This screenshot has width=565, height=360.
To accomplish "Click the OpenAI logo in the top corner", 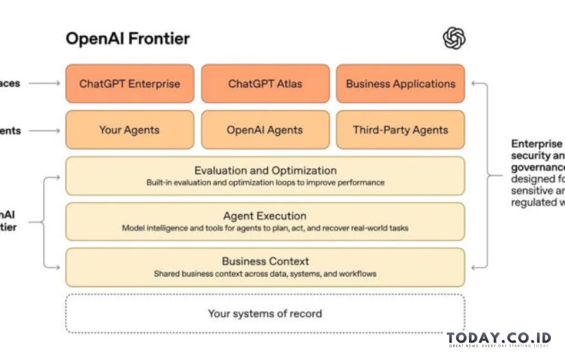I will (454, 39).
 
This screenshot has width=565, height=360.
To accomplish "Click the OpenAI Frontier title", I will (127, 39).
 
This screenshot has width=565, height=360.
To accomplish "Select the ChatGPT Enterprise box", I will (130, 84).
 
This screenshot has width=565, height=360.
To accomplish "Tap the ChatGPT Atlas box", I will (265, 84).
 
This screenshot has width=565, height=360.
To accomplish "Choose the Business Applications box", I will (401, 84).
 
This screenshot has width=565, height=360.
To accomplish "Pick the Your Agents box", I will (130, 130).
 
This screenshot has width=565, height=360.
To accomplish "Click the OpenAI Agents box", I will (265, 130).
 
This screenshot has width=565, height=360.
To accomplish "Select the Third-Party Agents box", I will (401, 130).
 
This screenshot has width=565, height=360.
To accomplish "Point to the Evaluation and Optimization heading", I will (265, 170).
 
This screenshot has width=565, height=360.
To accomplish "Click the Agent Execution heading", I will (265, 216).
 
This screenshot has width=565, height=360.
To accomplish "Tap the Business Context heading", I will (265, 261).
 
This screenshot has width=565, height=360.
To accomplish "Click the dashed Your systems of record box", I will (265, 313).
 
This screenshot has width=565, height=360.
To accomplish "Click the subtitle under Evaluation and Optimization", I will (265, 182).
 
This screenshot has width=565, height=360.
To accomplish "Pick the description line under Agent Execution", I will (265, 228).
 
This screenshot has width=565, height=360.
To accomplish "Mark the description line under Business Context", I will (265, 273).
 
